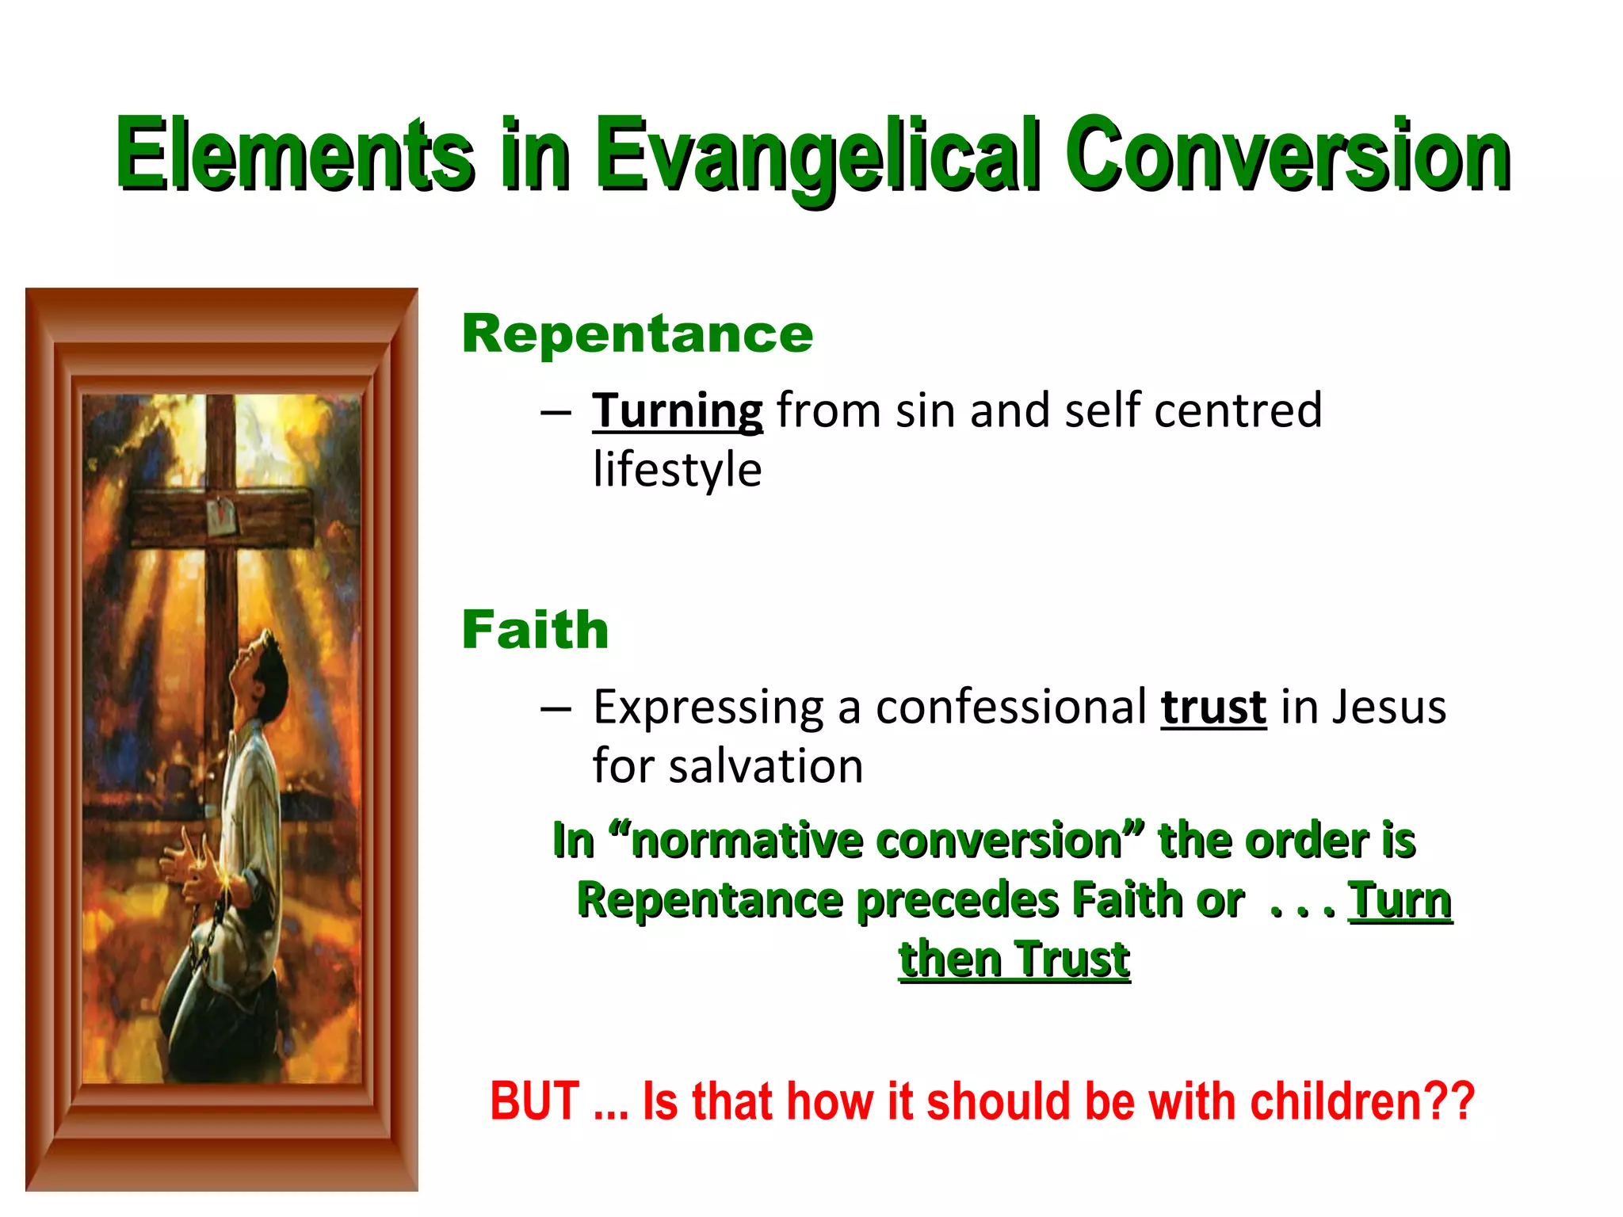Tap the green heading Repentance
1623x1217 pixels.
click(637, 334)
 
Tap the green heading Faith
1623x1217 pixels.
click(535, 631)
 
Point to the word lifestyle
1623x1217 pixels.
click(678, 471)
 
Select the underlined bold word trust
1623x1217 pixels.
click(1213, 708)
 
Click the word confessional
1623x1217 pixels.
click(1011, 708)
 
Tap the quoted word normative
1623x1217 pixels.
click(749, 841)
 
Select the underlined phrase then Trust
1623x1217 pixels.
click(1014, 960)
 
